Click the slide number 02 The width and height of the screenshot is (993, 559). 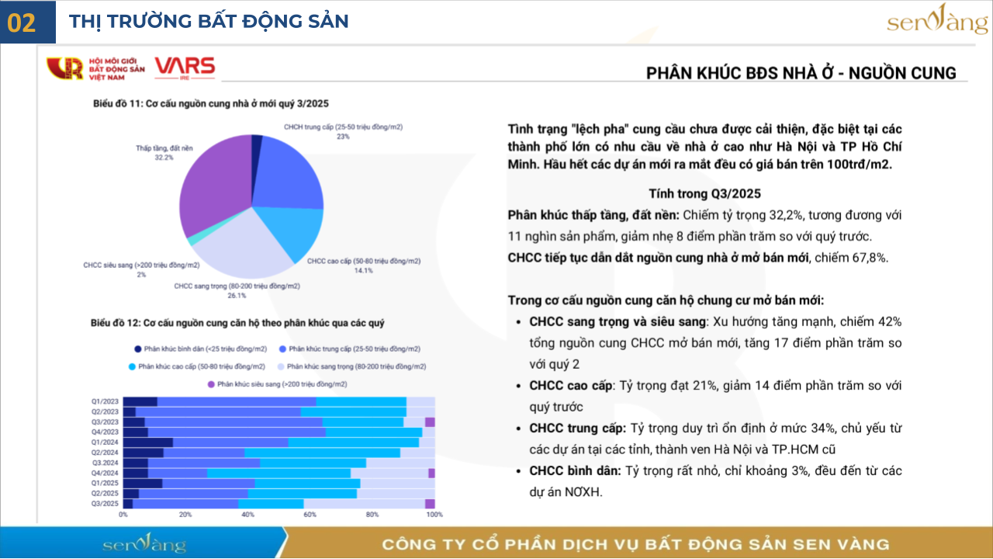coord(22,23)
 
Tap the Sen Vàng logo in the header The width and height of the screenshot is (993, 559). coord(937,21)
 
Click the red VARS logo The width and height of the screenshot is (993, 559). coord(185,68)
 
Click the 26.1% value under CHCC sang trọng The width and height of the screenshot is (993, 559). coord(237,295)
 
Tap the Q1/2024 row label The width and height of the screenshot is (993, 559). coord(105,442)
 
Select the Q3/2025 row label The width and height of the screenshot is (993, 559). coord(105,503)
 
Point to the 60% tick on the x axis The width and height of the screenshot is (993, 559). coord(310,514)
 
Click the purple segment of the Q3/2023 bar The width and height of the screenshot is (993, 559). coord(430,422)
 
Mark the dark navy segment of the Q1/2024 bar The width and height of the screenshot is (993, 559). coord(147,442)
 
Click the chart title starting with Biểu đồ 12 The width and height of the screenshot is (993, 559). coord(237,322)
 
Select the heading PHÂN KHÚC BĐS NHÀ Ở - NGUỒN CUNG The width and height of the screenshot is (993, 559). coord(801,73)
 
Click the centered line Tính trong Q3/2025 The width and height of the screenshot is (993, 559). coord(704,193)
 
